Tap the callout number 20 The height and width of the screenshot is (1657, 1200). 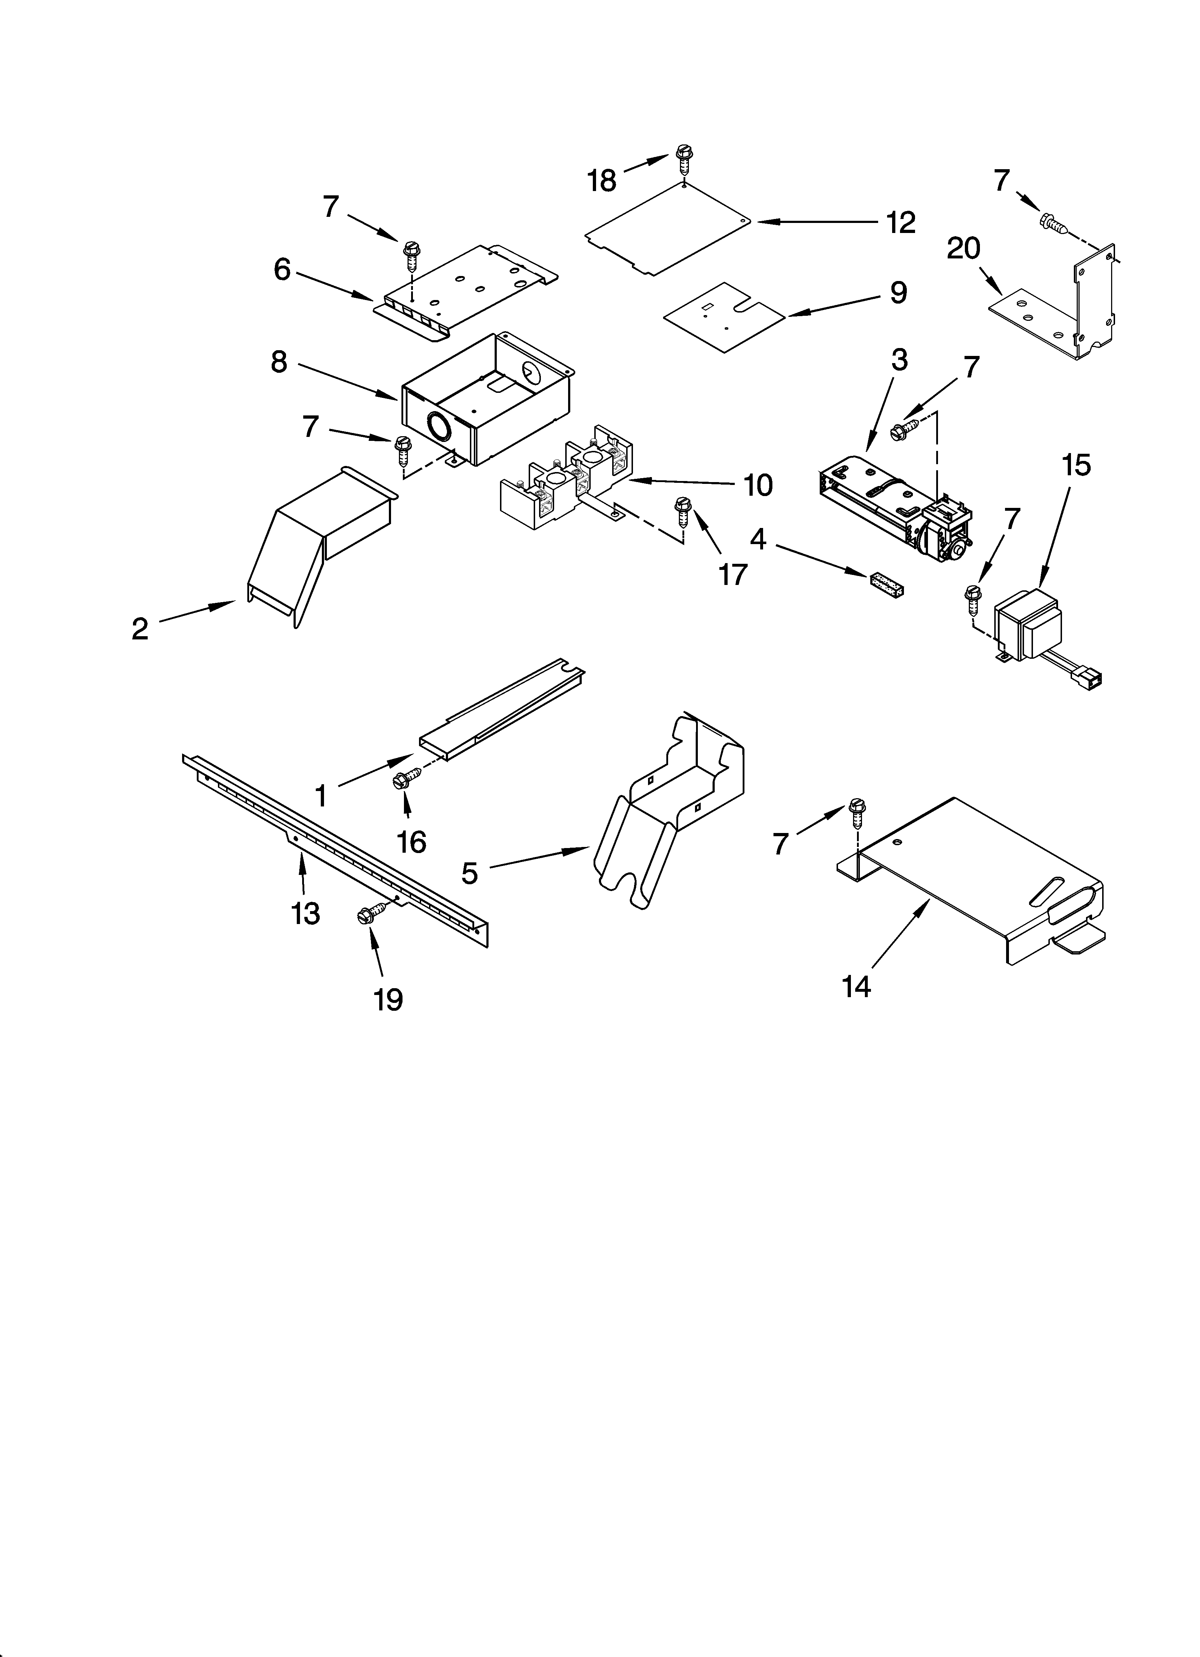tap(963, 249)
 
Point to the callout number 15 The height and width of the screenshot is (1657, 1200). tap(1076, 465)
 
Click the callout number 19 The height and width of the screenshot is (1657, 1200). tap(388, 999)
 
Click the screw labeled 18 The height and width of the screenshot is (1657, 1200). tap(684, 157)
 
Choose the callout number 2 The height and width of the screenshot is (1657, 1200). tap(139, 629)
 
